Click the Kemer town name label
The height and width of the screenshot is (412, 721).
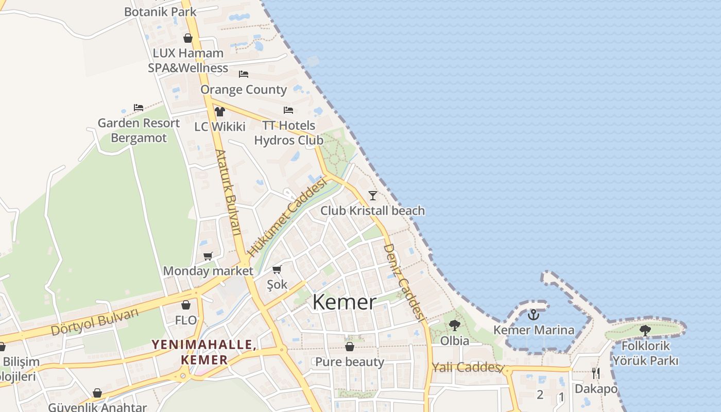pos(344,302)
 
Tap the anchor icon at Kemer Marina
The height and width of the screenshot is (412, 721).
pos(534,314)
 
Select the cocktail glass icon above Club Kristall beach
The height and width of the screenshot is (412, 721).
pos(373,195)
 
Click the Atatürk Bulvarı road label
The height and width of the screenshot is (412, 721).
pos(228,193)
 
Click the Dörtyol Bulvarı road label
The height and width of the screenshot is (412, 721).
pos(95,321)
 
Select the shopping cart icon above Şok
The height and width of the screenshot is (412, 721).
pos(277,269)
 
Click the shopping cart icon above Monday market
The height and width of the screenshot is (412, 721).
pos(208,256)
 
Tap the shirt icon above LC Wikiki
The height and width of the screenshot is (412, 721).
pos(220,111)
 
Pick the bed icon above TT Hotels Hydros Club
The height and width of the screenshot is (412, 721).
pos(288,110)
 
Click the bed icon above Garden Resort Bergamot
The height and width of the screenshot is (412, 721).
pos(139,108)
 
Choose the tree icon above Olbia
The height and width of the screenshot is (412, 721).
pos(454,325)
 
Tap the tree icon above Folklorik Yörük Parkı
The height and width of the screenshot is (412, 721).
pos(645,330)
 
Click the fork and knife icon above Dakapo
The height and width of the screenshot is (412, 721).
pos(596,373)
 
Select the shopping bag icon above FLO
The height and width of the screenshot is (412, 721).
pos(186,305)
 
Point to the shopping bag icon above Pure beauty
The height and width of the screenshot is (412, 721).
pos(350,347)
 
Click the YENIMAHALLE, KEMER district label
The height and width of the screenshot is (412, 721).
pos(204,352)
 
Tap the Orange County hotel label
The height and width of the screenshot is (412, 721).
pos(244,89)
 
